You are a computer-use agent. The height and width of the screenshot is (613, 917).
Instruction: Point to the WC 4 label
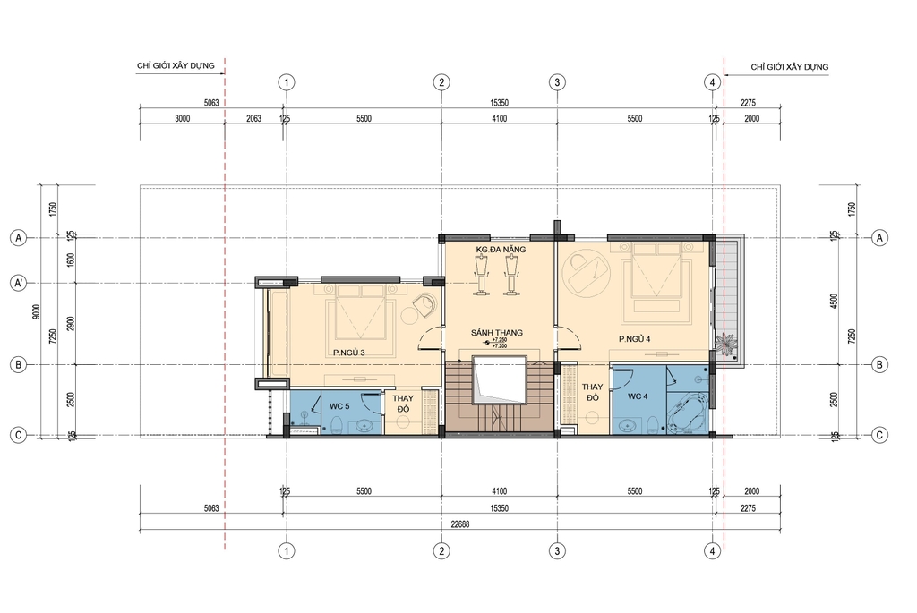point(638,396)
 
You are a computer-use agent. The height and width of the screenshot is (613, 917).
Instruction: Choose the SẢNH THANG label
point(497,332)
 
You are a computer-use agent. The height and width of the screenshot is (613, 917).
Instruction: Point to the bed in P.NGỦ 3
point(360,314)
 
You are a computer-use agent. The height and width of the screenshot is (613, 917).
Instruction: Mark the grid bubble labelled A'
point(16,284)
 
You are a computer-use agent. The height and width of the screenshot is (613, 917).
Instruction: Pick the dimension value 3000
point(182,118)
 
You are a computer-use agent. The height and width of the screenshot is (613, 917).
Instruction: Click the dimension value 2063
point(253,118)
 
